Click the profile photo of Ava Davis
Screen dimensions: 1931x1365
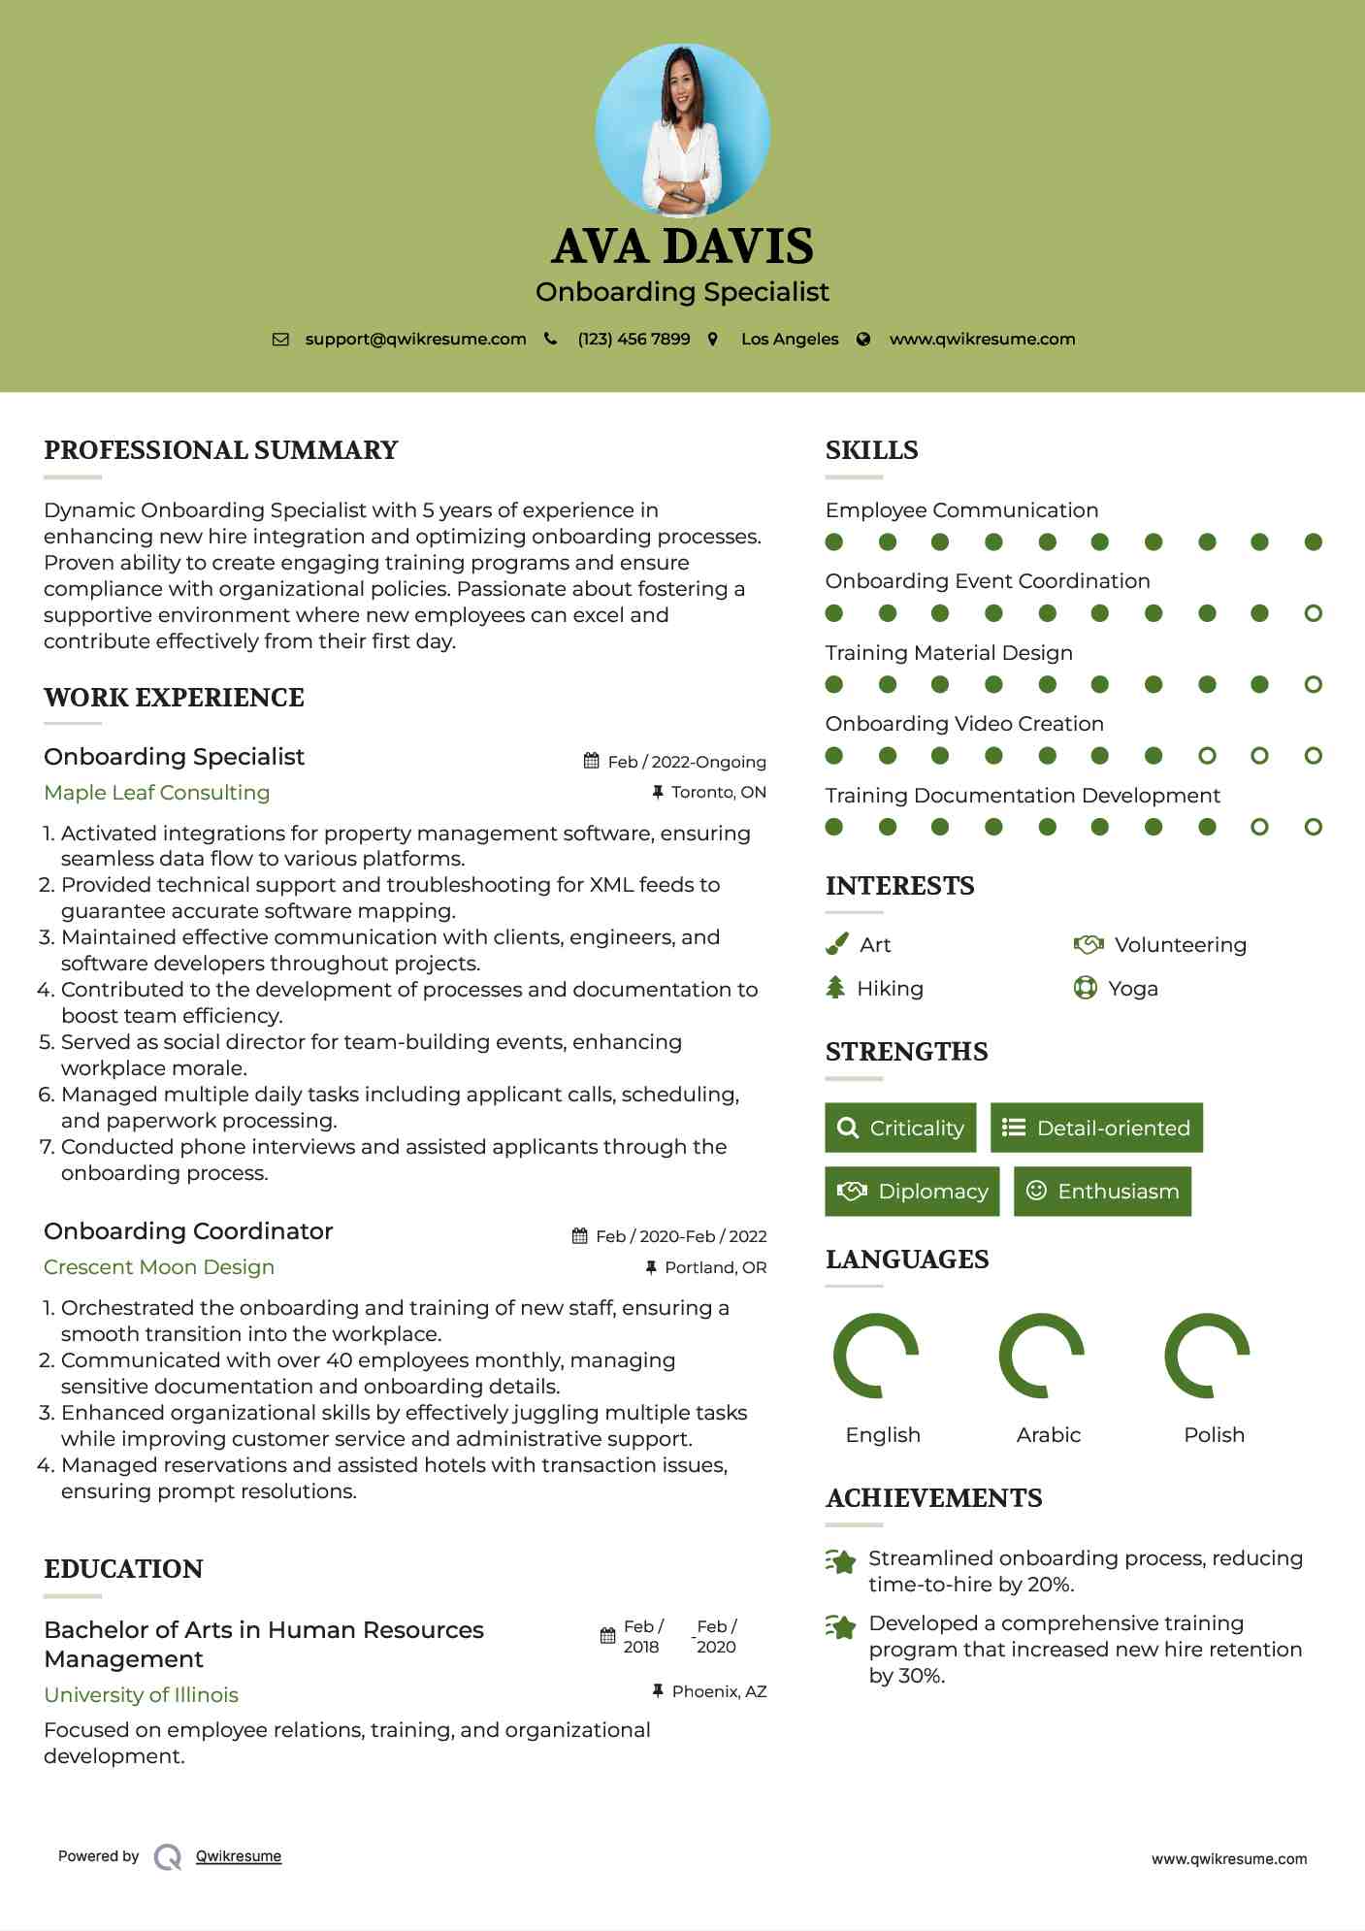(x=682, y=130)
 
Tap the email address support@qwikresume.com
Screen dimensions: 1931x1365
(x=415, y=340)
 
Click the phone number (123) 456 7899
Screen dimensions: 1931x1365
(x=634, y=340)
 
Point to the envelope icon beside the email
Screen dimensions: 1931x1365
(x=280, y=340)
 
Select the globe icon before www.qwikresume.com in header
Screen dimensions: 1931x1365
(x=863, y=340)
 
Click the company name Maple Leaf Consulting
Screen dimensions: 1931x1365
(x=157, y=793)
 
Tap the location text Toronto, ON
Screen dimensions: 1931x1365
(x=718, y=793)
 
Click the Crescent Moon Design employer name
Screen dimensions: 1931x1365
(x=159, y=1267)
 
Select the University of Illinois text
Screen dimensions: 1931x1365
(x=142, y=1695)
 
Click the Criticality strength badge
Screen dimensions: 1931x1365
(x=900, y=1128)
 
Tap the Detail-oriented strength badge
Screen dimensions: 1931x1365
(x=1096, y=1128)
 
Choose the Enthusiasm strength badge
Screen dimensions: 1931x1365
(x=1102, y=1192)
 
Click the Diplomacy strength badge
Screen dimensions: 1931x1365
(x=912, y=1192)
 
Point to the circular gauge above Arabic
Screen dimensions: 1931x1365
(x=1042, y=1356)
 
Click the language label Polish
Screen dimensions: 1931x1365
(x=1214, y=1435)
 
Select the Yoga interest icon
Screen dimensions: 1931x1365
(x=1085, y=989)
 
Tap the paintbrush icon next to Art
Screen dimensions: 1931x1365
(x=836, y=944)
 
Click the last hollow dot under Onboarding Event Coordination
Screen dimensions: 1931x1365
(x=1313, y=613)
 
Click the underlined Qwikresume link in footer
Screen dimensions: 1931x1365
(x=239, y=1856)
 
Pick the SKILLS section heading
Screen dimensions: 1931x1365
(x=871, y=450)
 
